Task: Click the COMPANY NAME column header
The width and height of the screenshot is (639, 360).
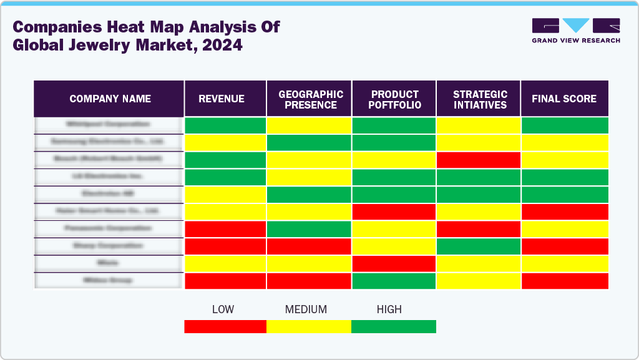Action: (x=110, y=99)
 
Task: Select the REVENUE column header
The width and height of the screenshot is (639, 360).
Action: (x=222, y=99)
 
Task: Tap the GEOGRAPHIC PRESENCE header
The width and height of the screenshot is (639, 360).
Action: (x=310, y=99)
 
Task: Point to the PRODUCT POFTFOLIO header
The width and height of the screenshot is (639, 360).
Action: (x=394, y=99)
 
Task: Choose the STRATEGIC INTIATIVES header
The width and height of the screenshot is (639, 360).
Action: (x=479, y=99)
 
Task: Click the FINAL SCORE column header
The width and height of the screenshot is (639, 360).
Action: (x=564, y=99)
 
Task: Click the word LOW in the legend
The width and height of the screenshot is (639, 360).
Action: (x=223, y=309)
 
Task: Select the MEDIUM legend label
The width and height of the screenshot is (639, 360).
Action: (x=306, y=309)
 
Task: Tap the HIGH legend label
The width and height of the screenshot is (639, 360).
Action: (x=389, y=309)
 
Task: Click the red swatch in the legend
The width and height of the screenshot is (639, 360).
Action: (x=225, y=326)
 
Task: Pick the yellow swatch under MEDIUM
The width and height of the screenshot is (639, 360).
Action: (x=309, y=326)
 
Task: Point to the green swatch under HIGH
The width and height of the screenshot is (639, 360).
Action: (x=394, y=326)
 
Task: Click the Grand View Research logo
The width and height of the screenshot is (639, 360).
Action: (x=575, y=31)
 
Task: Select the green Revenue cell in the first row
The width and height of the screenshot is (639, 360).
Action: (x=225, y=125)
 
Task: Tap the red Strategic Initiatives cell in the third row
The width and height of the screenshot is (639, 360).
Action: (x=479, y=160)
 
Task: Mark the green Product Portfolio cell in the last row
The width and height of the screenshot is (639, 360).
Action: (x=394, y=281)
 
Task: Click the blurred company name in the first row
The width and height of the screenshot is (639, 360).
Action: (x=109, y=124)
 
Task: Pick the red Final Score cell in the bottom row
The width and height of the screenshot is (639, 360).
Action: (x=565, y=281)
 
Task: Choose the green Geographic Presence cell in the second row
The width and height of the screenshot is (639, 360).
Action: (x=310, y=143)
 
